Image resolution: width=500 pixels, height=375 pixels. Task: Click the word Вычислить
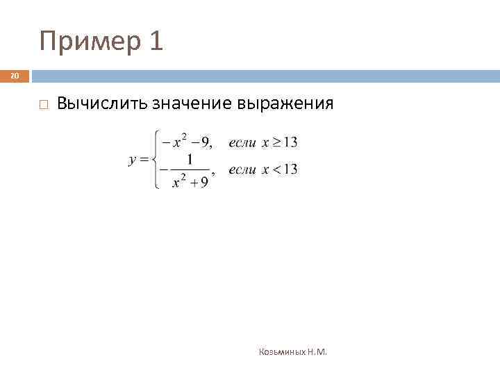(102, 104)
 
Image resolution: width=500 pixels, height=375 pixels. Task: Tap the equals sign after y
(144, 160)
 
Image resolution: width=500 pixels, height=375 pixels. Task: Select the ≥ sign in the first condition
(277, 143)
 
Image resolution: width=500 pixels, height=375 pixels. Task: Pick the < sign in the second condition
(277, 169)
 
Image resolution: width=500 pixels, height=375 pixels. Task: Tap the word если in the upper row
(242, 143)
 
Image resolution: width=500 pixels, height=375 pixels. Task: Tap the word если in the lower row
(242, 169)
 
